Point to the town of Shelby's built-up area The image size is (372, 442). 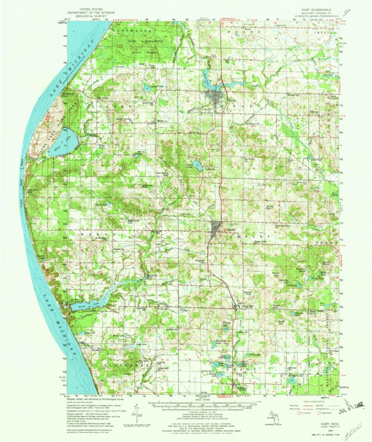pyautogui.click(x=217, y=227)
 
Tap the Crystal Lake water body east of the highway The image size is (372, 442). pyautogui.click(x=197, y=166)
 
